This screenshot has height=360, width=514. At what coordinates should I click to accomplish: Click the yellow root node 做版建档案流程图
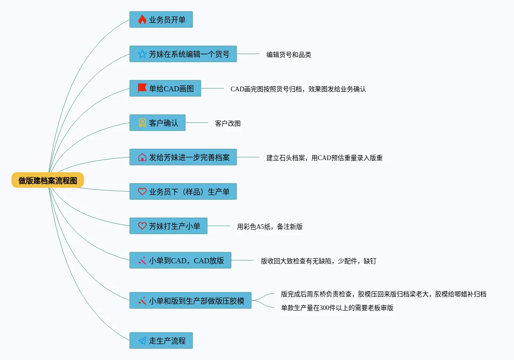48,180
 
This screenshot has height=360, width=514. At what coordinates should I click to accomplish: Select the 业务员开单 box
161,20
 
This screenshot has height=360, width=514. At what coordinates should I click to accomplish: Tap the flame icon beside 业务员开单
142,20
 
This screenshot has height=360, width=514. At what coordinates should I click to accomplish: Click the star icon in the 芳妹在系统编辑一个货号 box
142,54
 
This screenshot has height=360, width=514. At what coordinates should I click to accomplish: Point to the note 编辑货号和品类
289,55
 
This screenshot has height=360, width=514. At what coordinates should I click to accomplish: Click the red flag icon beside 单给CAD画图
142,88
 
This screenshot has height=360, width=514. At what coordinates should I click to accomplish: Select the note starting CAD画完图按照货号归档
298,89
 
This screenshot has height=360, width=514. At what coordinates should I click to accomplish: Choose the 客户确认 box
157,123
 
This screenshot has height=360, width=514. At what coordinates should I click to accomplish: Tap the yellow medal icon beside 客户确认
142,123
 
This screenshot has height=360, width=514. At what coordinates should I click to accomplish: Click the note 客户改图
228,123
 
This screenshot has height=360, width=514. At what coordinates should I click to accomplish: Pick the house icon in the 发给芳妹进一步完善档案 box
142,157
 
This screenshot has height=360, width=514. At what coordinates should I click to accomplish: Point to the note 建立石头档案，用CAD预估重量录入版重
324,158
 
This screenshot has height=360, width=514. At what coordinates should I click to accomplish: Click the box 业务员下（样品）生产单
183,192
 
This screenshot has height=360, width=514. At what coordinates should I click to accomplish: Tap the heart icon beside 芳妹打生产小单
142,226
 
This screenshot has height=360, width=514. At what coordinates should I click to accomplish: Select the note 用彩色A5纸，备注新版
270,227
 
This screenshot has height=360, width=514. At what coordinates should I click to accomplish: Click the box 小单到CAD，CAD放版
180,260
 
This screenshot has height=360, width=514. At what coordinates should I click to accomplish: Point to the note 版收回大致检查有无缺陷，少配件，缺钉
318,261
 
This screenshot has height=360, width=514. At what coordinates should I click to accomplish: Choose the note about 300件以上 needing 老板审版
337,308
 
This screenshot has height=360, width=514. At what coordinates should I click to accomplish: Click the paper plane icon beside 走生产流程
142,341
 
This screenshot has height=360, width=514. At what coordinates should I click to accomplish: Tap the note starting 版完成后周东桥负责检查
383,294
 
